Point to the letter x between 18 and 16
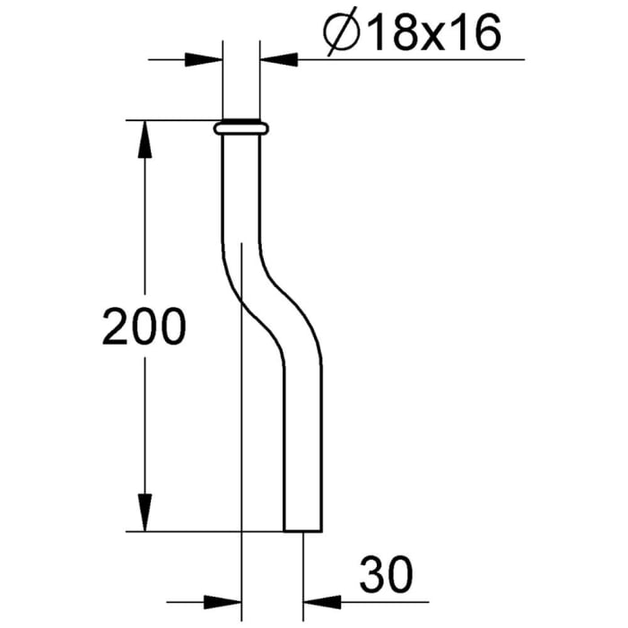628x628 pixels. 432,38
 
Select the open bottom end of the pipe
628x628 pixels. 301,530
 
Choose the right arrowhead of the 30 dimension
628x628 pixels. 320,600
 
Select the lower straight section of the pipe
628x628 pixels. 301,449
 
